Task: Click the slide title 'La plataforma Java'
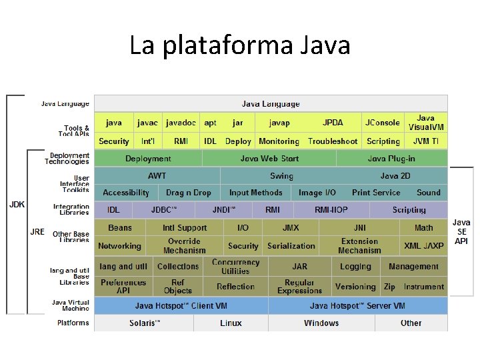(x=239, y=45)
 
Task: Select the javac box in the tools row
(x=147, y=123)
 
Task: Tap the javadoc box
(x=181, y=123)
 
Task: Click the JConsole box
(x=382, y=123)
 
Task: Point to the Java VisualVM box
(x=425, y=123)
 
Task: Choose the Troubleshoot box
(x=333, y=141)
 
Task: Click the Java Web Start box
(x=269, y=159)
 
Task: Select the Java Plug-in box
(x=391, y=159)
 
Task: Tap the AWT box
(x=157, y=176)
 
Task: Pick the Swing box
(x=281, y=176)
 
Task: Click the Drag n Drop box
(x=189, y=193)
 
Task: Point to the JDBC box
(x=164, y=210)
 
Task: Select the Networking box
(x=119, y=246)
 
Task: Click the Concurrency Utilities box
(x=235, y=267)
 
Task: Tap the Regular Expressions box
(x=299, y=287)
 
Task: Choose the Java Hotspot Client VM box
(x=181, y=306)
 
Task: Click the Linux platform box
(x=231, y=323)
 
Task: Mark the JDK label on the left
(x=17, y=205)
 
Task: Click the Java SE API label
(x=461, y=231)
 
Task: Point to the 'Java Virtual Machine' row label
(x=71, y=305)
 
